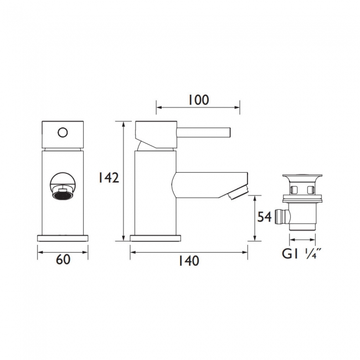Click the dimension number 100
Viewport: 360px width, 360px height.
point(197,100)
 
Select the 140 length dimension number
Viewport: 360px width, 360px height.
point(189,260)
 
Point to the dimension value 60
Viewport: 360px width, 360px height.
point(63,260)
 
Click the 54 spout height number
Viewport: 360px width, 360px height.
point(265,217)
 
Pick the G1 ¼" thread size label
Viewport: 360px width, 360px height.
point(302,254)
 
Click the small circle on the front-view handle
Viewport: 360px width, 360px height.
point(63,132)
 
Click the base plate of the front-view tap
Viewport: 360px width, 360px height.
point(63,237)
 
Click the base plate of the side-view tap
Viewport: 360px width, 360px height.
point(156,238)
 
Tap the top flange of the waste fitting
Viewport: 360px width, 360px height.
point(302,179)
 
